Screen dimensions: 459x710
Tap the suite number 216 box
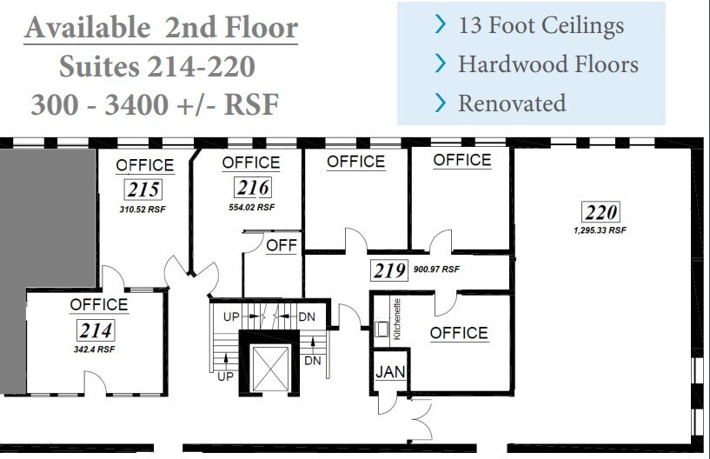tap(251, 187)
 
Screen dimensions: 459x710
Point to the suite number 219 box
tap(389, 270)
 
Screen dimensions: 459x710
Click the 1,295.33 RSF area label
tap(599, 230)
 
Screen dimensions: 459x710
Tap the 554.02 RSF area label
tap(251, 207)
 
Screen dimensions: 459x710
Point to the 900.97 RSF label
tap(436, 269)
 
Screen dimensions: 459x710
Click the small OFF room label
tap(282, 245)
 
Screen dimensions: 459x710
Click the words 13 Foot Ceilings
tap(540, 25)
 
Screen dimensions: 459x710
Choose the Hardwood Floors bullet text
tap(547, 63)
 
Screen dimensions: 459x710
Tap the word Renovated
tap(511, 103)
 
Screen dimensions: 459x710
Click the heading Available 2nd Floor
tap(161, 29)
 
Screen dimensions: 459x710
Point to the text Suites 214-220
tap(156, 66)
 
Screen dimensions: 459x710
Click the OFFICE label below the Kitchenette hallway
tap(458, 333)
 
